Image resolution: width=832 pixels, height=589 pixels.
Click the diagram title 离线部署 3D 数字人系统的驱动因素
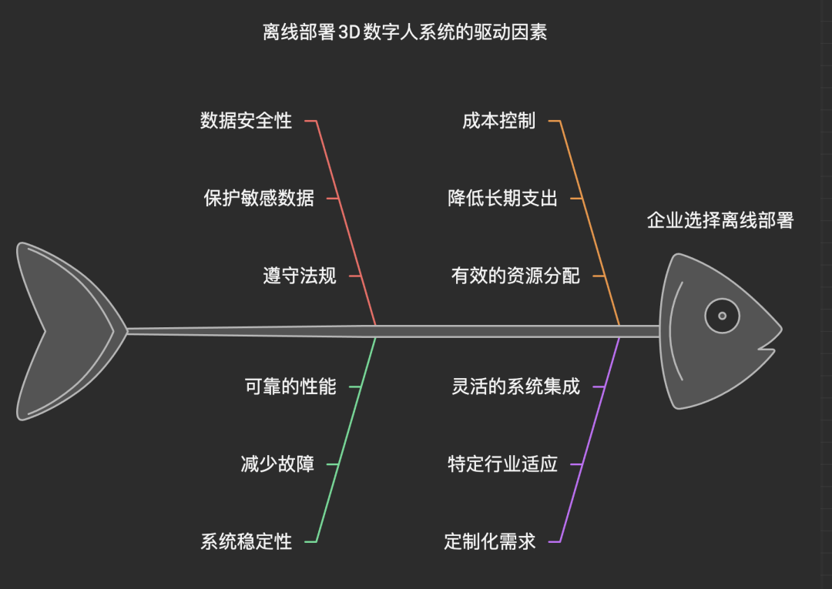(x=404, y=32)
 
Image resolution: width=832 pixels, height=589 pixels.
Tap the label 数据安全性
(x=247, y=121)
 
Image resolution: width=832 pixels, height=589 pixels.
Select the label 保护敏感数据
(x=259, y=198)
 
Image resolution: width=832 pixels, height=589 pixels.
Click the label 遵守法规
(x=300, y=276)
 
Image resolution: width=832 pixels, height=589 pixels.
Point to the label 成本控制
(x=498, y=121)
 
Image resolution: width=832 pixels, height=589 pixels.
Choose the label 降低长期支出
(x=502, y=198)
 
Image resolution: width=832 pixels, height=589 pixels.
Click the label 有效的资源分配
(x=515, y=276)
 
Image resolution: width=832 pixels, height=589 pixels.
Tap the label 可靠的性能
(x=290, y=387)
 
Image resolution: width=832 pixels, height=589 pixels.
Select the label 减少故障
(x=277, y=464)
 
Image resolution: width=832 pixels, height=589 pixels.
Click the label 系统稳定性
(x=247, y=541)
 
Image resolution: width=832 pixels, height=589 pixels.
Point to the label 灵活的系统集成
(x=515, y=387)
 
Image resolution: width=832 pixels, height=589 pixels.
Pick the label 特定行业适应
(x=502, y=464)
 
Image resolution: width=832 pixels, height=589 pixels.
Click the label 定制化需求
(x=490, y=541)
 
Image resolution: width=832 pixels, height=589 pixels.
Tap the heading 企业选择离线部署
(x=720, y=221)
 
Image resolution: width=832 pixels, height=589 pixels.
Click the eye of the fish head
(x=722, y=316)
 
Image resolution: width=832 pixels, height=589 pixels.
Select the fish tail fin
(x=65, y=331)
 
